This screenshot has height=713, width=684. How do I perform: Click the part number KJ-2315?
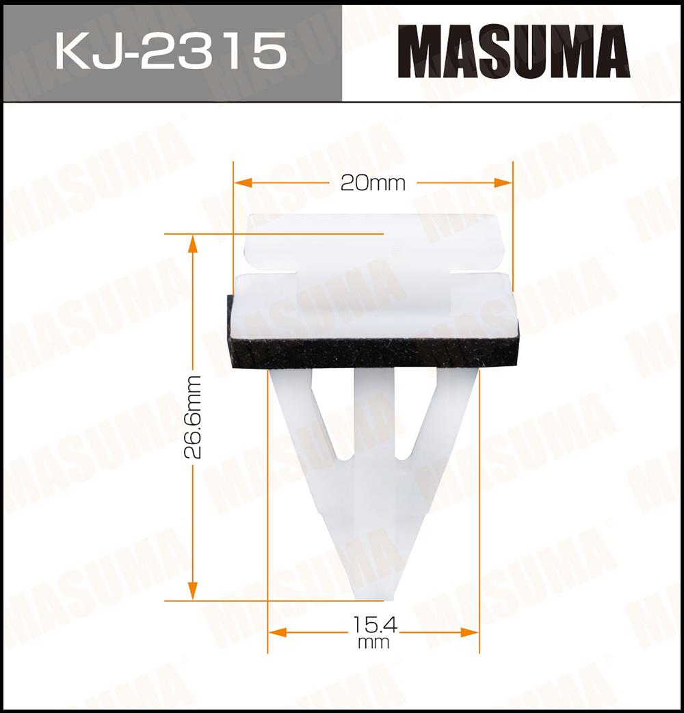(171, 51)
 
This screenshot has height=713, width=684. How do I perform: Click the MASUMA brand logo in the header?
(514, 51)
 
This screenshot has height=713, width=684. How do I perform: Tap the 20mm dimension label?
(373, 183)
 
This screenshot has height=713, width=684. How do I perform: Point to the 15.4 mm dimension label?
(374, 632)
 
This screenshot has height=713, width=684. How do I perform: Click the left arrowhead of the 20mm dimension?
(242, 183)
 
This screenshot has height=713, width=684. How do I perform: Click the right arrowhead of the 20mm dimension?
(503, 183)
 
